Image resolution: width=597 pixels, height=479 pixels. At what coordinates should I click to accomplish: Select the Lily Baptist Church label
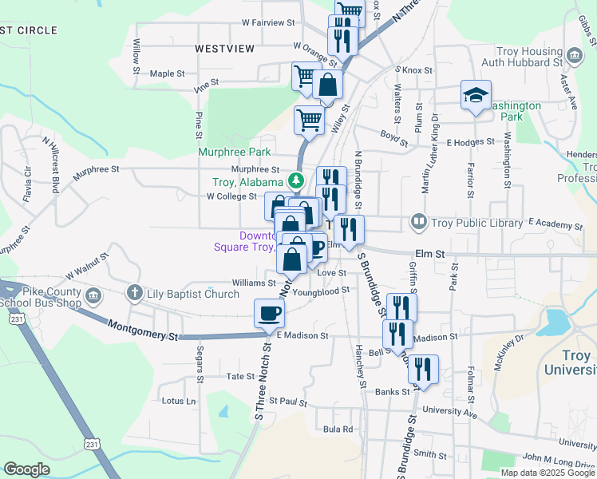[192, 294]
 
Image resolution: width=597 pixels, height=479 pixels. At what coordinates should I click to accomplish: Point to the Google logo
[26, 469]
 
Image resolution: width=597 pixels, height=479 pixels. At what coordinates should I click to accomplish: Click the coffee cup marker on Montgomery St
[269, 313]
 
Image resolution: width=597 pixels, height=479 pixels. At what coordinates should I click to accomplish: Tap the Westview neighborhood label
[225, 49]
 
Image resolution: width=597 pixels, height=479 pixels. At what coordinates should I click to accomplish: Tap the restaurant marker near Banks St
[423, 370]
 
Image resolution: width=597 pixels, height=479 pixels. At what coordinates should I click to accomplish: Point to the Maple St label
[167, 73]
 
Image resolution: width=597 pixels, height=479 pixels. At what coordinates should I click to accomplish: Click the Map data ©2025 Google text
[547, 472]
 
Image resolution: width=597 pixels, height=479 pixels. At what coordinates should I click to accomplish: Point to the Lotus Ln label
[178, 401]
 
